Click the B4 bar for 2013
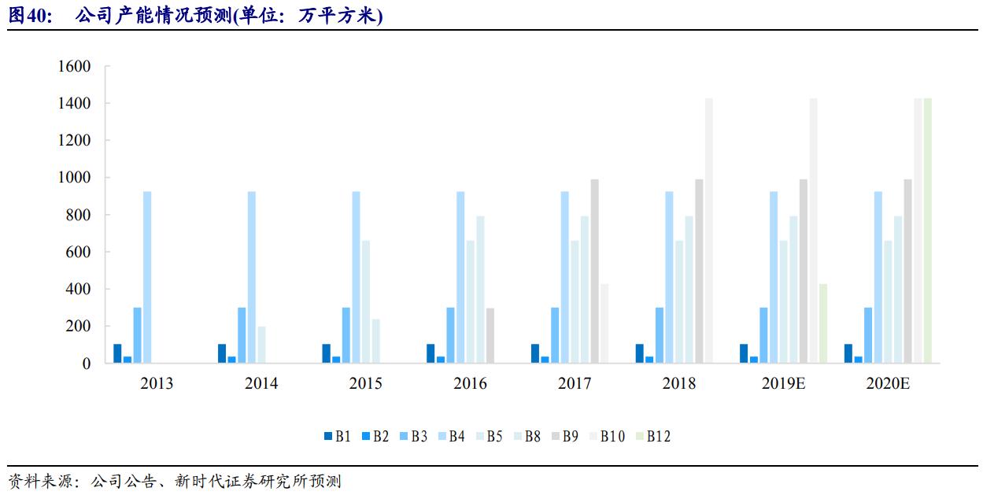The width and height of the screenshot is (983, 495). pyautogui.click(x=147, y=277)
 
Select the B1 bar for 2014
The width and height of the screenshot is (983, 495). pyautogui.click(x=222, y=353)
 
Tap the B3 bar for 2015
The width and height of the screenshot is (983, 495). pyautogui.click(x=346, y=335)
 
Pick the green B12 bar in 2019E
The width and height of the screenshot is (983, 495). pyautogui.click(x=823, y=323)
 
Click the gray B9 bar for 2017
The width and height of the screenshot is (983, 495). pyautogui.click(x=595, y=272)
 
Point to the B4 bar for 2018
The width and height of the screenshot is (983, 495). pyautogui.click(x=669, y=277)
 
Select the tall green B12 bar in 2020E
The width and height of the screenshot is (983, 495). pyautogui.click(x=928, y=231)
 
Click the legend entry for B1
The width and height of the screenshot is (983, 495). pyautogui.click(x=338, y=436)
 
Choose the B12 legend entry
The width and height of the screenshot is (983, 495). pyautogui.click(x=652, y=436)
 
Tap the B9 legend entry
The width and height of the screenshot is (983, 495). pyautogui.click(x=565, y=436)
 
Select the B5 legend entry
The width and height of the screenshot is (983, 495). pyautogui.click(x=489, y=436)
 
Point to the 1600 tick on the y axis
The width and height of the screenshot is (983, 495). pyautogui.click(x=74, y=66)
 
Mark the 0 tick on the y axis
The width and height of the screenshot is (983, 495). pyautogui.click(x=87, y=364)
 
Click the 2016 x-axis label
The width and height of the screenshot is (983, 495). pyautogui.click(x=470, y=384)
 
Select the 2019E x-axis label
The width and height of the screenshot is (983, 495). pyautogui.click(x=783, y=384)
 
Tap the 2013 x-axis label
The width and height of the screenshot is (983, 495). pyautogui.click(x=157, y=384)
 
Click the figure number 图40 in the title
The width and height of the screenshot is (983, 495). pyautogui.click(x=29, y=16)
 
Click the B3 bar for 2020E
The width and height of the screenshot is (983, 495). pyautogui.click(x=868, y=335)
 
